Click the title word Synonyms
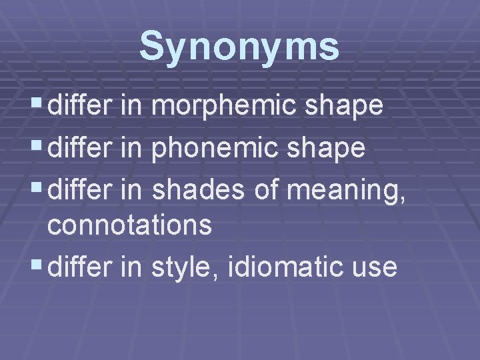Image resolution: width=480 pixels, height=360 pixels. point(239,47)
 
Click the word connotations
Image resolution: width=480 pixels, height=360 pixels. point(129,226)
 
